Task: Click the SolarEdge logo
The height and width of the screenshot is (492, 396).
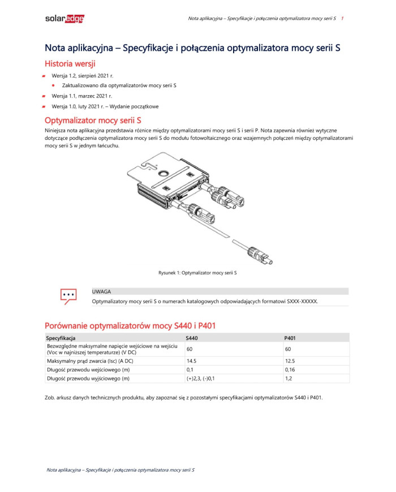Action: click(x=64, y=19)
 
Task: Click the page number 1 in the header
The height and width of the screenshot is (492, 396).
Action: click(x=342, y=19)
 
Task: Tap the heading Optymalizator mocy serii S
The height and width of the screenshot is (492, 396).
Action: click(x=93, y=121)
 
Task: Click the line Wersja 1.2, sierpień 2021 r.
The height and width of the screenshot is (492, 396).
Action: click(x=83, y=75)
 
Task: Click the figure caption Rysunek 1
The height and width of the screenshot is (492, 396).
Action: click(x=197, y=273)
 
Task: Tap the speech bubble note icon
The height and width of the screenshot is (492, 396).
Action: click(x=68, y=296)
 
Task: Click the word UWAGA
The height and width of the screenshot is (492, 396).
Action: click(x=101, y=292)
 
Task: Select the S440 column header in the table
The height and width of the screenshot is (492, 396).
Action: click(x=192, y=338)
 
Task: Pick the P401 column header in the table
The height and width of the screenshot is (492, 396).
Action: click(x=290, y=338)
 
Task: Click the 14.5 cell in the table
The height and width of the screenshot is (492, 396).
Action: click(x=191, y=360)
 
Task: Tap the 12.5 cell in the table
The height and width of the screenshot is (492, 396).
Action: click(x=290, y=360)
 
